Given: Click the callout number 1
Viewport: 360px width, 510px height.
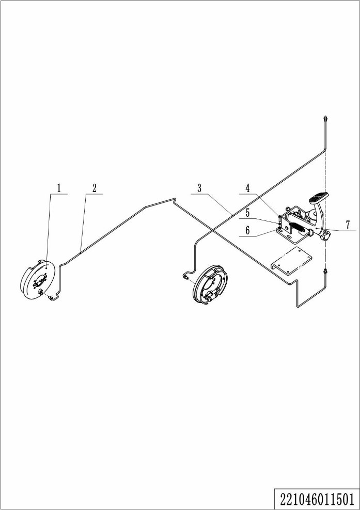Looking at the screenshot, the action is [59, 188].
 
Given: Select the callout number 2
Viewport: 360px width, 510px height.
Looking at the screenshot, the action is [95, 188].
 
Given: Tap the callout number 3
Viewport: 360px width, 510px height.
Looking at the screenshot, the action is [199, 188].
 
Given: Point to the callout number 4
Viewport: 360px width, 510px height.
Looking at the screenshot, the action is [248, 188].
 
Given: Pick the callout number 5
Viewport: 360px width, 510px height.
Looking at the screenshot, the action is [248, 213].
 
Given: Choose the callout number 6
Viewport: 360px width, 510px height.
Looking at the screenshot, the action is [248, 231].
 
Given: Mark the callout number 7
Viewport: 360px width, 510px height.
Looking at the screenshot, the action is [348, 225].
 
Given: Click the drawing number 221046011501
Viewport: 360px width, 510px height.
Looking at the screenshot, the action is [317, 498].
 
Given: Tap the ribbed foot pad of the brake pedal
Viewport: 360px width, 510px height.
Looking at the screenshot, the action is [318, 197].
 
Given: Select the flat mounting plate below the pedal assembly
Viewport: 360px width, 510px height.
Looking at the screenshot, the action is [292, 261].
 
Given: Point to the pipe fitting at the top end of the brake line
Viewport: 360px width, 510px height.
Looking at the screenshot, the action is [325, 118].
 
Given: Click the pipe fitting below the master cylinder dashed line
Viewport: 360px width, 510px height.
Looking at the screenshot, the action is [325, 272].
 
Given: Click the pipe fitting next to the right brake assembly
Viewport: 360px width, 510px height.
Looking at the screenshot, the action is [185, 277].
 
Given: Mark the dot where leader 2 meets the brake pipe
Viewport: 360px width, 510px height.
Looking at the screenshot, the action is [81, 252].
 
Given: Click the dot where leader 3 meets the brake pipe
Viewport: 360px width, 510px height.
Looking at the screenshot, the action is [232, 215].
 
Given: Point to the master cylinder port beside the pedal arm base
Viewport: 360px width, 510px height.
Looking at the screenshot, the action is [325, 236].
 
